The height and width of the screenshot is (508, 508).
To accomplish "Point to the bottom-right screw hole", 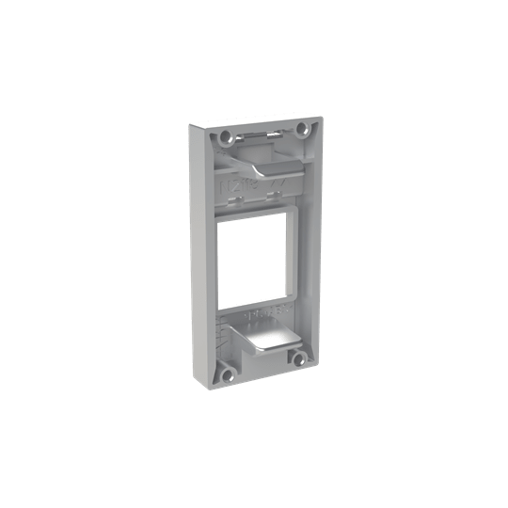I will point(298,357).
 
